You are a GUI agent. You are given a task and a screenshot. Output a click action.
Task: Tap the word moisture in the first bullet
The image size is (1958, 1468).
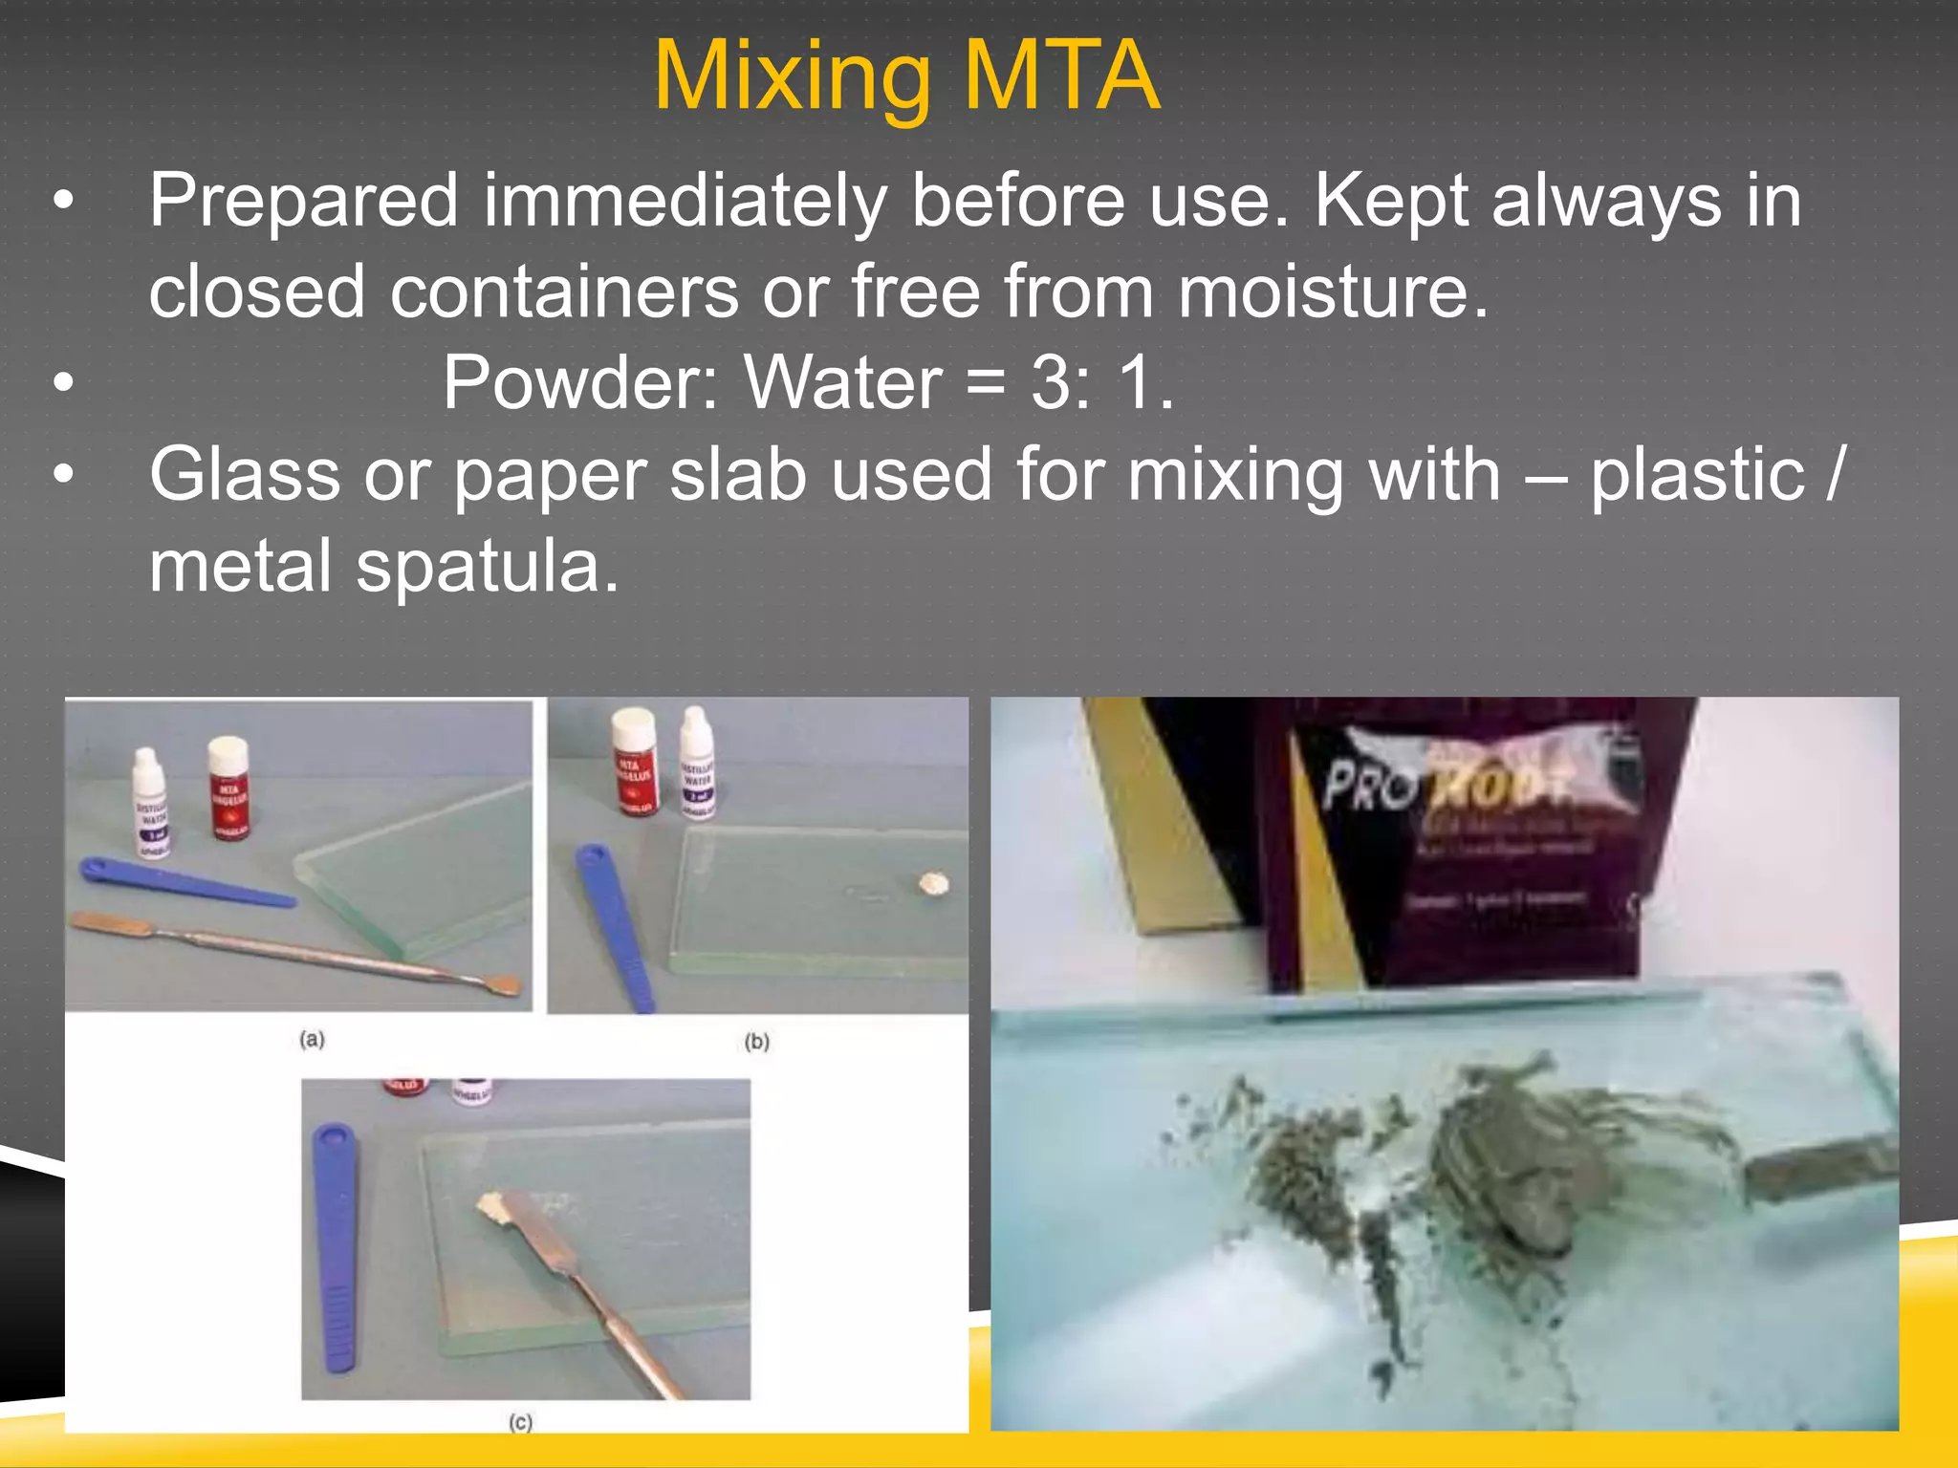tap(1333, 291)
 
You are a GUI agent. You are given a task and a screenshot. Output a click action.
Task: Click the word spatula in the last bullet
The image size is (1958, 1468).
tap(487, 566)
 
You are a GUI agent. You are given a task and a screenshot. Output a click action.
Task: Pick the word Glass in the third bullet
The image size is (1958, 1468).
tap(245, 474)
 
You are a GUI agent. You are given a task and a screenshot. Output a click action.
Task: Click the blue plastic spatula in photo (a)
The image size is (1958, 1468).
tap(186, 884)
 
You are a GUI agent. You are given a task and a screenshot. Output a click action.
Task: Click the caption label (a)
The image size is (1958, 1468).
tap(312, 1039)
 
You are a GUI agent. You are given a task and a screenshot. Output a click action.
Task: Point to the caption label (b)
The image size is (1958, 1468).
tap(757, 1041)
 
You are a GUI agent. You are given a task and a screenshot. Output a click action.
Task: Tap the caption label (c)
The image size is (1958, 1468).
tap(520, 1422)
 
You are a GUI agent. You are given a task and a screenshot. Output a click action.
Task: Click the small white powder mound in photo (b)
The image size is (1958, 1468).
tap(933, 884)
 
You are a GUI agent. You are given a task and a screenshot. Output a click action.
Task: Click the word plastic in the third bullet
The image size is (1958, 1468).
tap(1697, 474)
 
